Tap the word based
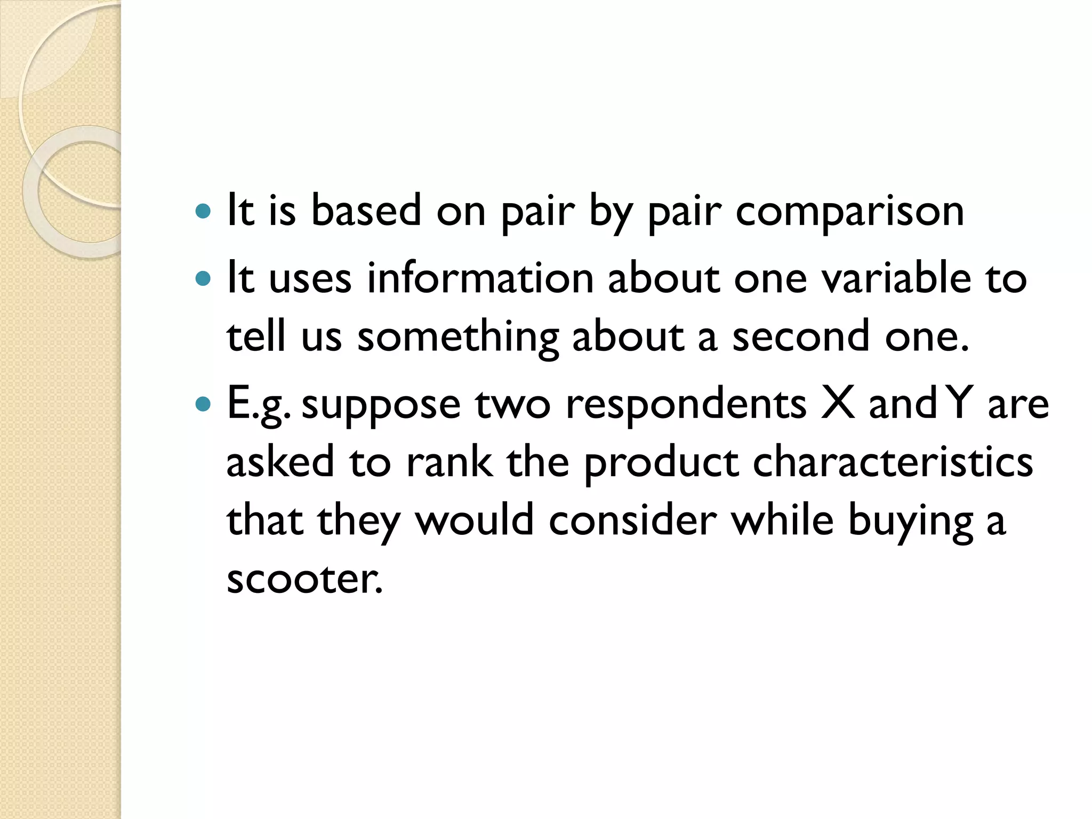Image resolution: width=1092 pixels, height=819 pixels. pos(366,210)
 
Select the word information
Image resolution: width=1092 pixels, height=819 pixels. pos(480,278)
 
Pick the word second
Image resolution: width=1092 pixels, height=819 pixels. pos(801,337)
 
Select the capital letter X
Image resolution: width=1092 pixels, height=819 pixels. pos(838,404)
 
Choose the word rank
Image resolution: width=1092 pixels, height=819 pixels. pos(449,462)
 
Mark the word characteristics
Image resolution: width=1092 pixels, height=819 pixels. pos(893,462)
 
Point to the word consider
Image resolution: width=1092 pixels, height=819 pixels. pos(632,520)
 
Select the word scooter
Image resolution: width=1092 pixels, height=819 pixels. pos(304,579)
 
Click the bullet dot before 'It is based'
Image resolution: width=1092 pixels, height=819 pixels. pos(203,212)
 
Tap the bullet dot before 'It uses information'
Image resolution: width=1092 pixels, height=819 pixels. pos(203,279)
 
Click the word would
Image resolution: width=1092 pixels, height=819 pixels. pos(475,520)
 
